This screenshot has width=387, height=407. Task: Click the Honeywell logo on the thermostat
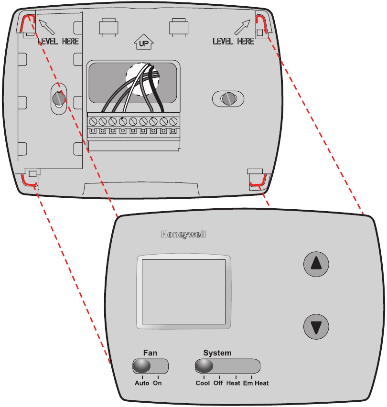pyautogui.click(x=183, y=235)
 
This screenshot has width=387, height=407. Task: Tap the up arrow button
pyautogui.click(x=317, y=264)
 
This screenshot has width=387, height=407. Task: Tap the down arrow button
pyautogui.click(x=317, y=327)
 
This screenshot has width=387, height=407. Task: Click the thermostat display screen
pyautogui.click(x=183, y=291)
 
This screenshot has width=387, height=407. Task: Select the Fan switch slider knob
pyautogui.click(x=142, y=366)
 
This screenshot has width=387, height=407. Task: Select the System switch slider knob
pyautogui.click(x=204, y=366)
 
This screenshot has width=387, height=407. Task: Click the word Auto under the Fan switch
pyautogui.click(x=141, y=383)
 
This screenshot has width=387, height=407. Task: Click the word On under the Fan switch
pyautogui.click(x=157, y=383)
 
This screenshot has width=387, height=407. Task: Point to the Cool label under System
pyautogui.click(x=203, y=383)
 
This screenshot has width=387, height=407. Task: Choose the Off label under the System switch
pyautogui.click(x=218, y=383)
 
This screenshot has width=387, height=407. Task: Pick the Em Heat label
pyautogui.click(x=256, y=383)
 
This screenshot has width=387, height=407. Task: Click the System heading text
pyautogui.click(x=217, y=353)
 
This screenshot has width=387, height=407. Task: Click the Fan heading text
pyautogui.click(x=150, y=353)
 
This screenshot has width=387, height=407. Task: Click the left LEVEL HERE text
pyautogui.click(x=58, y=42)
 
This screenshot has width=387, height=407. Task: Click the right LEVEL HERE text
pyautogui.click(x=233, y=42)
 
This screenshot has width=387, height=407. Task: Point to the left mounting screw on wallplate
pyautogui.click(x=58, y=99)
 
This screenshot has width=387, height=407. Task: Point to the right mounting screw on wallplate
pyautogui.click(x=227, y=98)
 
